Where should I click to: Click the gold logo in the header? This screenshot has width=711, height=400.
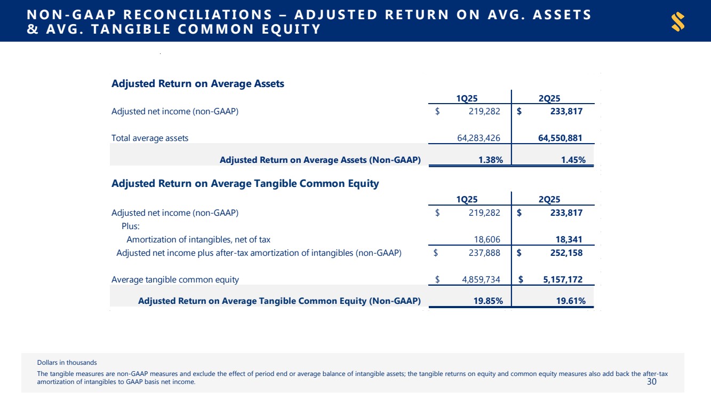pos(678,21)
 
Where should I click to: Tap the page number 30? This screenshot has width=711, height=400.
pos(651,382)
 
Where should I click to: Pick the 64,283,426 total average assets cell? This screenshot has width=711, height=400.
pos(478,138)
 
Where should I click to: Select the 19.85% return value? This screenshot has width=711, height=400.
pos(488,301)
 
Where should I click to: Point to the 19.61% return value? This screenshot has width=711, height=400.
pos(571,301)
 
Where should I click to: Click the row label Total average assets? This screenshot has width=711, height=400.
pos(150,138)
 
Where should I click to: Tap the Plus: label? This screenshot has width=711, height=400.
pos(131,226)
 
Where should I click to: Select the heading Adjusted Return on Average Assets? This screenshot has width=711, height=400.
pos(197,84)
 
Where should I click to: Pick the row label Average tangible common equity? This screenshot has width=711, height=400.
pos(175,279)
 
